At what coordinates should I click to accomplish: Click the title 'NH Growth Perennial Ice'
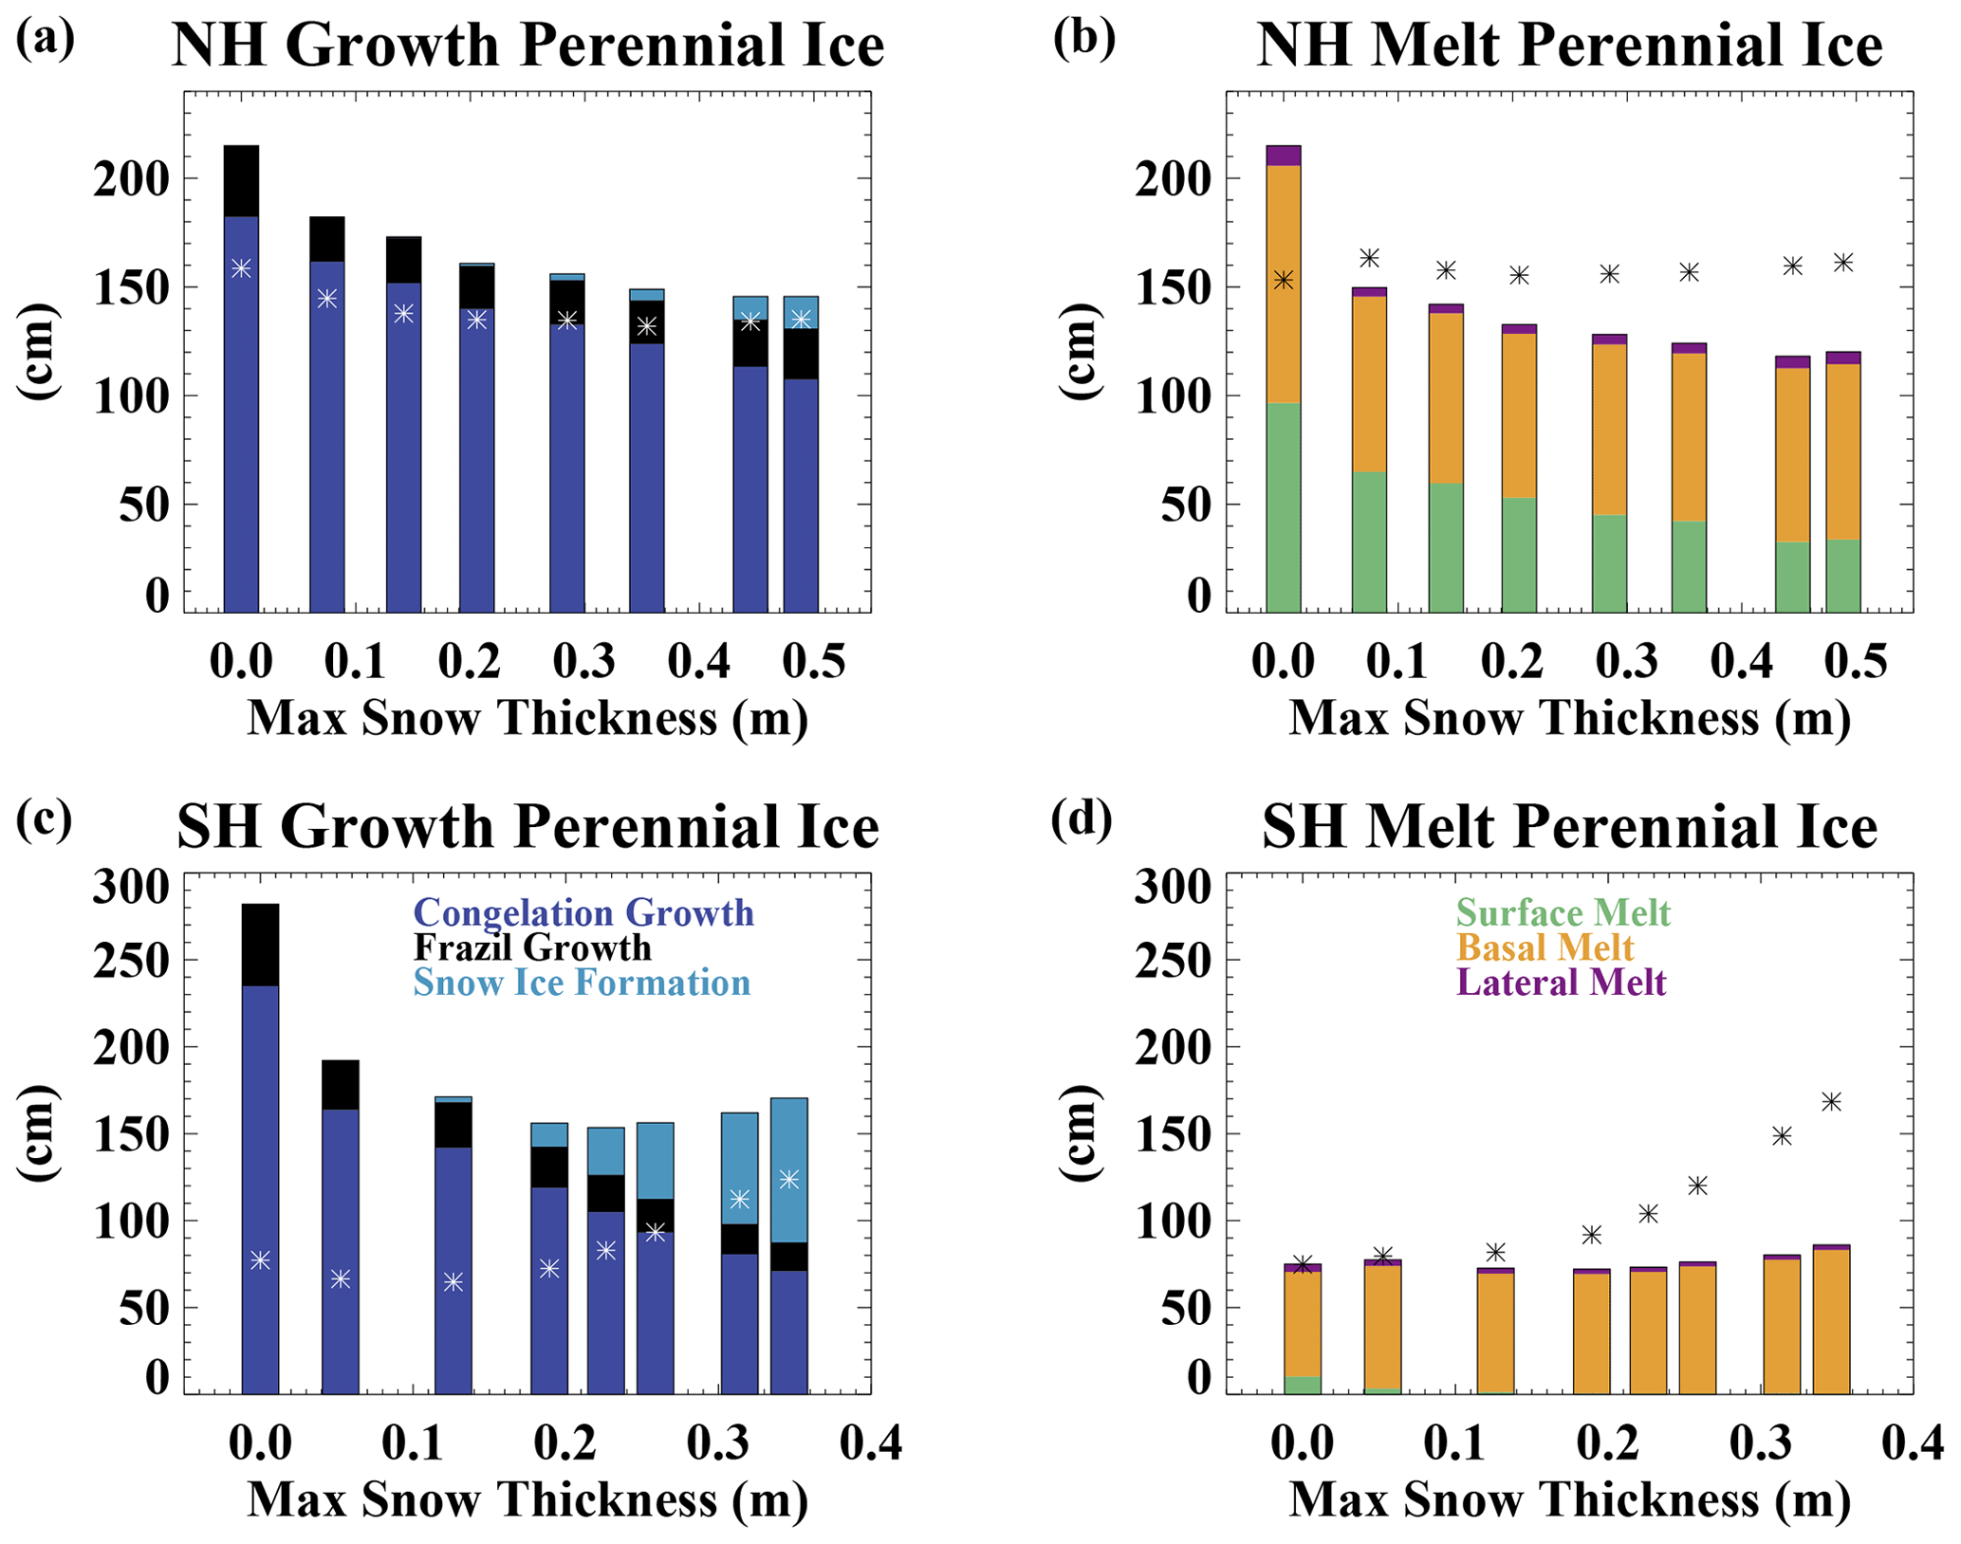[527, 45]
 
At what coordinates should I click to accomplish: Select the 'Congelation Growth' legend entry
[583, 912]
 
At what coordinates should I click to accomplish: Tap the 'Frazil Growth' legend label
[532, 947]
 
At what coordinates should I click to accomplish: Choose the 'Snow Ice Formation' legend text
[582, 982]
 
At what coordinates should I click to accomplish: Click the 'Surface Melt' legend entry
[1563, 912]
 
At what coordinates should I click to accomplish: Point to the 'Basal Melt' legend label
[1545, 947]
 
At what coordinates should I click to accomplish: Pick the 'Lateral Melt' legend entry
[1561, 982]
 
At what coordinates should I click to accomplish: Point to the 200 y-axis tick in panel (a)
[131, 179]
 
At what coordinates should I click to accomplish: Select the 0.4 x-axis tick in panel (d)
[1913, 1443]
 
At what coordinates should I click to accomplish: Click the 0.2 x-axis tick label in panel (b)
[1511, 661]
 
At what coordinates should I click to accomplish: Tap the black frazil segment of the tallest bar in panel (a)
[241, 181]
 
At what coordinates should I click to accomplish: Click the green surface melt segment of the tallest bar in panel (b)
[1283, 507]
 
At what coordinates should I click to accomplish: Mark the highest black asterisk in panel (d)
[1831, 1102]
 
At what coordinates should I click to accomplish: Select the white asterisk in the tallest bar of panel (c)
[260, 1259]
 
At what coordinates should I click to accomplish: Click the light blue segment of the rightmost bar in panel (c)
[788, 1138]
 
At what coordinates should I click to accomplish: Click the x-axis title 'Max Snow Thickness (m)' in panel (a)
[527, 718]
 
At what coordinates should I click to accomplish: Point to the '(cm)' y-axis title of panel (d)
[1079, 1132]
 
